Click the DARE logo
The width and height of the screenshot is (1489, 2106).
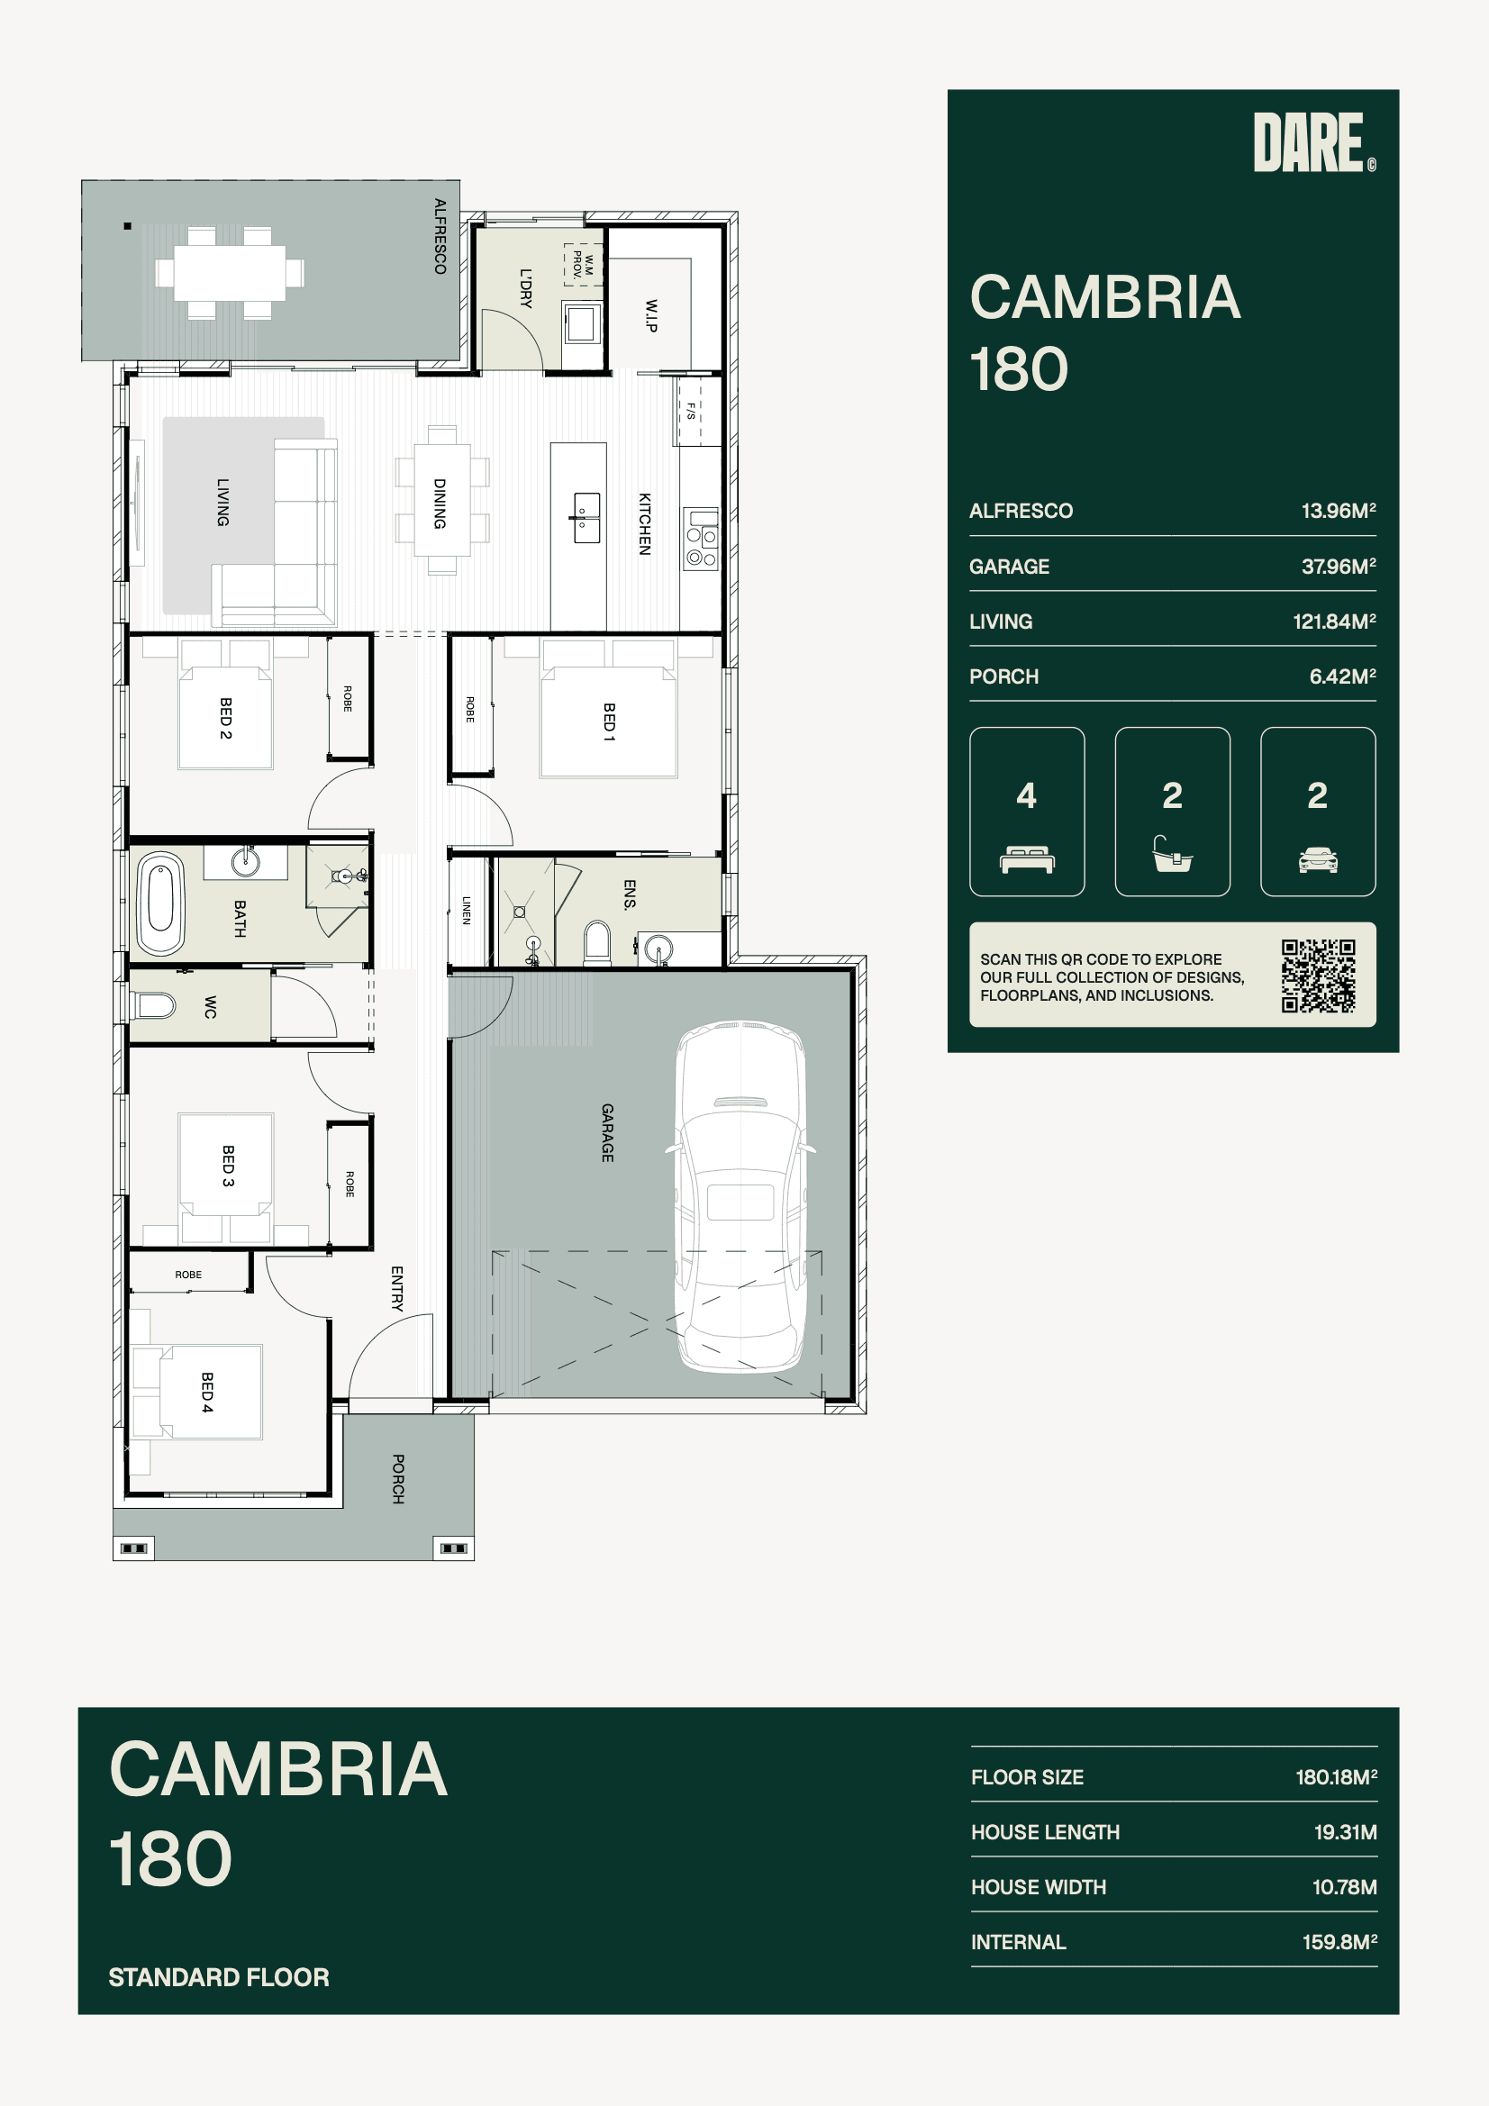(x=1314, y=142)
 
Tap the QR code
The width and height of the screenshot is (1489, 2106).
(x=1319, y=976)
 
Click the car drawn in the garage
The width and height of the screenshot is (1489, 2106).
(x=740, y=1196)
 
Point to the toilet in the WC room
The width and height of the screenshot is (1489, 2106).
(x=153, y=1006)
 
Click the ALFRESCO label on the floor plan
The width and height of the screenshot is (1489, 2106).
(x=440, y=237)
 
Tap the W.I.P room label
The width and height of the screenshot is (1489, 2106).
(x=650, y=314)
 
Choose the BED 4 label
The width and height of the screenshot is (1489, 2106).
(x=207, y=1393)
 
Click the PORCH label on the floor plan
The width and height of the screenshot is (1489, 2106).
(x=398, y=1478)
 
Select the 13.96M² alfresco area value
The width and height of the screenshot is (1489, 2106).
(x=1339, y=511)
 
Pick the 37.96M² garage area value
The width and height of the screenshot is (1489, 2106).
(x=1339, y=567)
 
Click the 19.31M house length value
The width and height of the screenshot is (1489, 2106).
(x=1345, y=1832)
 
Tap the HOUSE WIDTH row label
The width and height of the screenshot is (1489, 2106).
(x=1039, y=1887)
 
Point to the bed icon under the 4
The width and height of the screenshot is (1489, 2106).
(x=1027, y=859)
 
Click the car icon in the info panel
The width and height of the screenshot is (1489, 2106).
(x=1319, y=859)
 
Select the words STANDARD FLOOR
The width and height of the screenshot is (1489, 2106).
(x=219, y=1977)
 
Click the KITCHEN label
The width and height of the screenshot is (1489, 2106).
(x=645, y=523)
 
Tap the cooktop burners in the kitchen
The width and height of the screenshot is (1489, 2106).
(x=701, y=540)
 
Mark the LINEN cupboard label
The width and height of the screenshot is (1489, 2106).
(x=467, y=910)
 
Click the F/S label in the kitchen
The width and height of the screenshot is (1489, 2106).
(x=691, y=411)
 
